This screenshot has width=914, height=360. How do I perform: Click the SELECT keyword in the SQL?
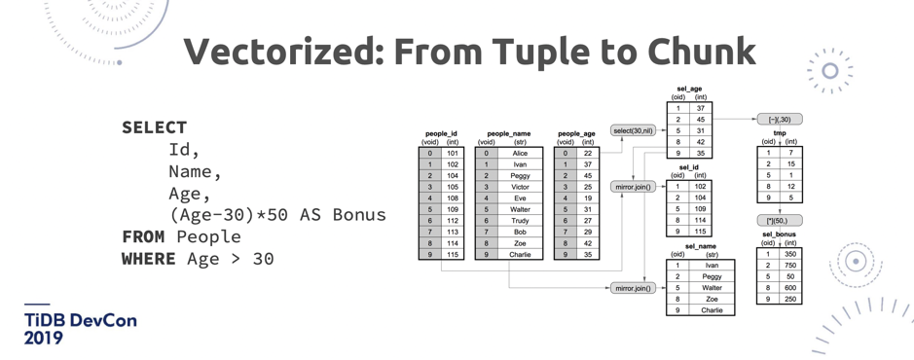click(x=155, y=127)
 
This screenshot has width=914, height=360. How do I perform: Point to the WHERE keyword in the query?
click(x=149, y=259)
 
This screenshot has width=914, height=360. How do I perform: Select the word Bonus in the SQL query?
click(x=359, y=214)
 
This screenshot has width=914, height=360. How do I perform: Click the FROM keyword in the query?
click(x=143, y=236)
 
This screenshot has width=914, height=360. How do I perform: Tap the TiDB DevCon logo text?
click(x=81, y=329)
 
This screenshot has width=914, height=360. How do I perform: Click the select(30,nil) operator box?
click(x=632, y=130)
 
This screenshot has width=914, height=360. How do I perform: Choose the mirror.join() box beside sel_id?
click(x=632, y=187)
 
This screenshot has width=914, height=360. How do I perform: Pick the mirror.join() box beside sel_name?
click(x=632, y=288)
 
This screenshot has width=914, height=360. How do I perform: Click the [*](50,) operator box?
click(x=780, y=220)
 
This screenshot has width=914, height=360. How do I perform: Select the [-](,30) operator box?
click(x=780, y=120)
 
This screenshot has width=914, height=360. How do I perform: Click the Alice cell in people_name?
click(x=520, y=153)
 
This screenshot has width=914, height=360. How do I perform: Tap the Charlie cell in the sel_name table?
click(x=712, y=310)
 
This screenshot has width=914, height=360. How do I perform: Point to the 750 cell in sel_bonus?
click(x=790, y=265)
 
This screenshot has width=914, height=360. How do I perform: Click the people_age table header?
click(x=576, y=134)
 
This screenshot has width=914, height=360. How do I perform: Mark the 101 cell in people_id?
click(x=453, y=153)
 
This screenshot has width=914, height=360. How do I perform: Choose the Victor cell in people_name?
click(x=520, y=187)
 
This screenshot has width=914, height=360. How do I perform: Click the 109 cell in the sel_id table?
click(x=701, y=208)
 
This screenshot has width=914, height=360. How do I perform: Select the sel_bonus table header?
click(x=779, y=234)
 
